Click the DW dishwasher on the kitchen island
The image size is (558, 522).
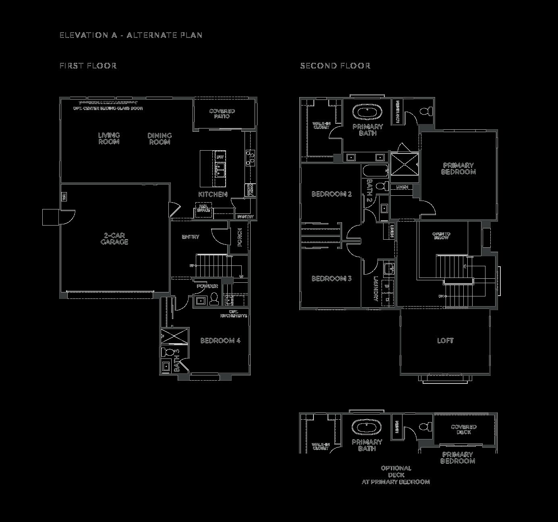coord(220,157)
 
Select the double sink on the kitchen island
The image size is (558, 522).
coord(220,170)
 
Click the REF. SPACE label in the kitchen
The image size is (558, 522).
coord(203,208)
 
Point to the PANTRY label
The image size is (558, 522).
coord(245,217)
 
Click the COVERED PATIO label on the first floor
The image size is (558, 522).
coord(222,114)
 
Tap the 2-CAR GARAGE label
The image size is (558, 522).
coord(114,238)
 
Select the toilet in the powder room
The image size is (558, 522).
coord(214,299)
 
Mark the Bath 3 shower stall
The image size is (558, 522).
coord(174,336)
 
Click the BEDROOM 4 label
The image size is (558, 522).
coord(220,341)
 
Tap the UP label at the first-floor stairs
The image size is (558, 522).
coord(192,266)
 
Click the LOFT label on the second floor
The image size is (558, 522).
coord(445,341)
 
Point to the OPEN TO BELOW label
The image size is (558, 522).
coord(441,236)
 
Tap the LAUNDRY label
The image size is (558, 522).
coord(375,288)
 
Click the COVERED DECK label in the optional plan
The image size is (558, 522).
coord(463,429)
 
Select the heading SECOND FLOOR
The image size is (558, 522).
coord(335,66)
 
